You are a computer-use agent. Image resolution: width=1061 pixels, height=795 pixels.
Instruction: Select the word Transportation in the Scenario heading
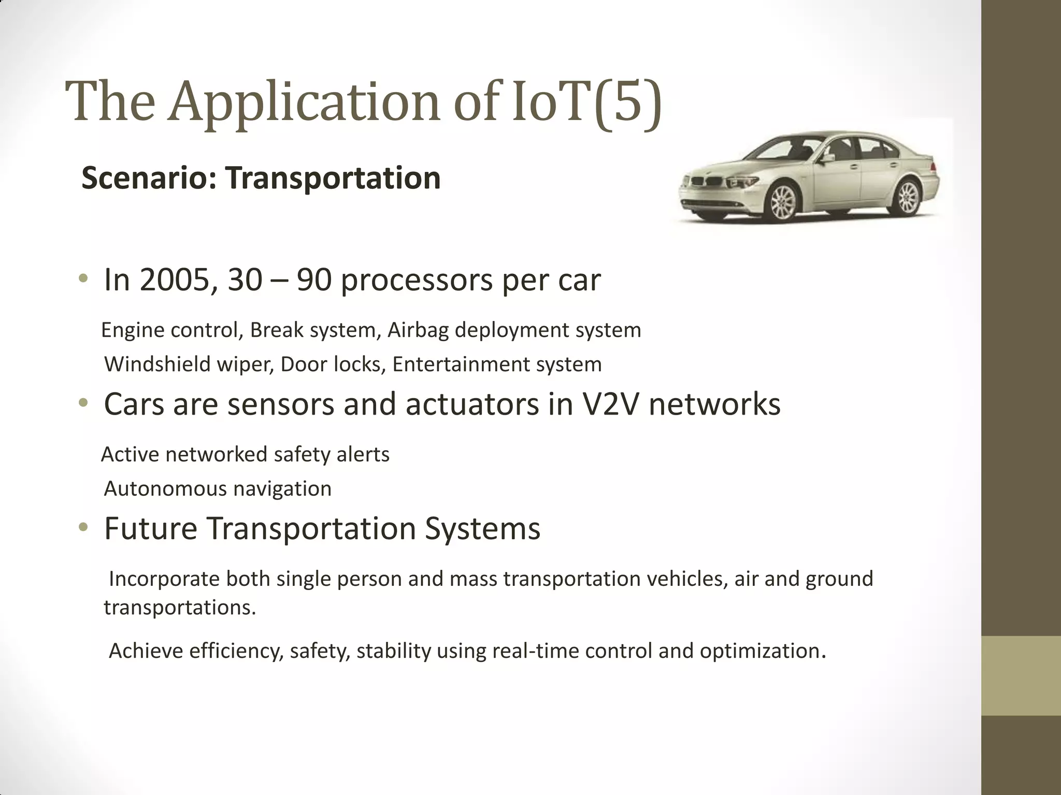point(333,178)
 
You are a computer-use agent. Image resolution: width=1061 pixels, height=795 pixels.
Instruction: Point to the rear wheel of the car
point(907,197)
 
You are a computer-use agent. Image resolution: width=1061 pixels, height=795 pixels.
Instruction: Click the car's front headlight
point(742,182)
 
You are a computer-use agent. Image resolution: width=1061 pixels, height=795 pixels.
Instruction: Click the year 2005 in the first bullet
point(174,280)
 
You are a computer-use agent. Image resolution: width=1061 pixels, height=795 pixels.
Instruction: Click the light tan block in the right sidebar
point(1021,675)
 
